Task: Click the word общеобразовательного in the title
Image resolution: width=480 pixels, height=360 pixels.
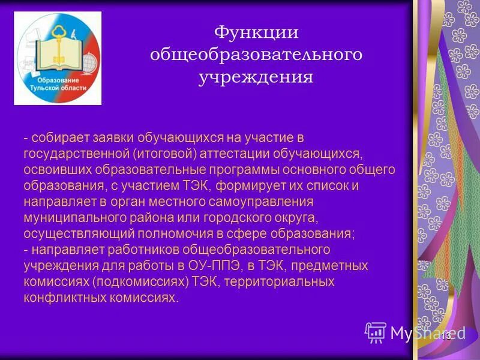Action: [x=256, y=55]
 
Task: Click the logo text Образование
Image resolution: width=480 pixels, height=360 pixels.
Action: [x=58, y=79]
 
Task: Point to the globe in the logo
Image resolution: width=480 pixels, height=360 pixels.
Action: [x=90, y=62]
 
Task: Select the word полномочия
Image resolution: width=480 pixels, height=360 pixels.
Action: [x=190, y=233]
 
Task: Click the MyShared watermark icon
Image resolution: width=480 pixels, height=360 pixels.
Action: [x=376, y=332]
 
